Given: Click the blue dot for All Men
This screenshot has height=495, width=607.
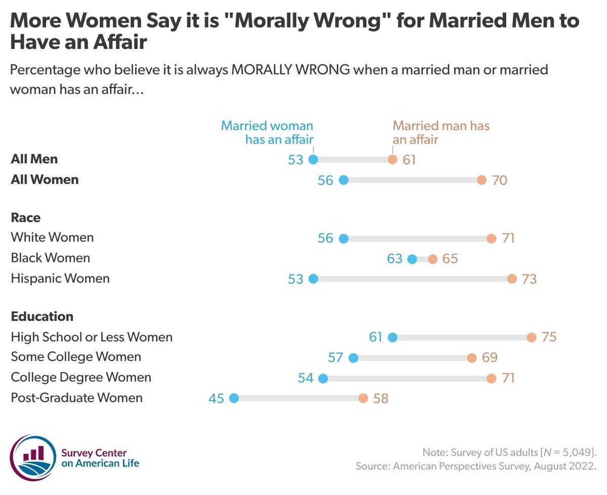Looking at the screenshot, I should (313, 160).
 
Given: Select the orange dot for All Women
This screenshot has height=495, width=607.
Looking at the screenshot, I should (482, 180).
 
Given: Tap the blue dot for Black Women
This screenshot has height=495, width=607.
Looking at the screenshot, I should (412, 259).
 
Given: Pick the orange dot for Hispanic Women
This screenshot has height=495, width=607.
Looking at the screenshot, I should (512, 279).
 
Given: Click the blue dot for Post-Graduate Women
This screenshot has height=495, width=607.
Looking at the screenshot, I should (234, 398).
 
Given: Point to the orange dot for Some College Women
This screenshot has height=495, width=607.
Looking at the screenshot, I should (471, 358).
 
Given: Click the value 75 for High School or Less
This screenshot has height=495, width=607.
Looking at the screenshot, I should (549, 337).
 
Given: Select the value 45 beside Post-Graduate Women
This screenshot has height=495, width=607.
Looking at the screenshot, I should (216, 398).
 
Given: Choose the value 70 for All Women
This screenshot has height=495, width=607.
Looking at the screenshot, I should (499, 181).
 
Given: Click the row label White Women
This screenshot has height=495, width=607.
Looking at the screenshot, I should (52, 237).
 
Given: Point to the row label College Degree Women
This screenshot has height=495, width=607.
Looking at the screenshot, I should (81, 377).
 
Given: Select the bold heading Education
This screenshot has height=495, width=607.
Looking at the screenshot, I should (42, 317).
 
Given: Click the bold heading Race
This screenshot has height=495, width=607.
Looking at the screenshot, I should (26, 217).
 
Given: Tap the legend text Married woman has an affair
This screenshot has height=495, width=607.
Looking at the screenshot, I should (267, 132).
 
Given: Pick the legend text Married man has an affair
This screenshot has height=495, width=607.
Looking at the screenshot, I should (441, 132).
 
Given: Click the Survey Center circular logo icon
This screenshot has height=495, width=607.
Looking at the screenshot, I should (33, 458).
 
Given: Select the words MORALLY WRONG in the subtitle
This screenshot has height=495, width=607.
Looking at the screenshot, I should (290, 70).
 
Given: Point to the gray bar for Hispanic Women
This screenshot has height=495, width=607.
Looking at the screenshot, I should (412, 279).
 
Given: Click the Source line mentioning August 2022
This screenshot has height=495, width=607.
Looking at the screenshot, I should (476, 465).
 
